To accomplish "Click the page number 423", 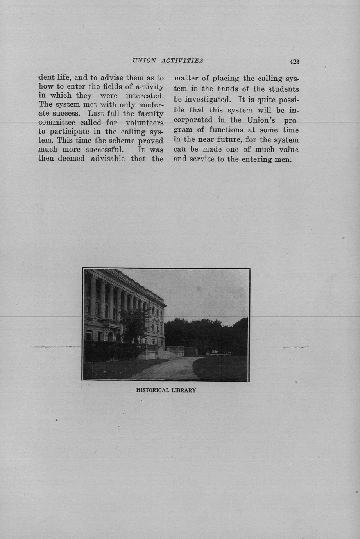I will (x=294, y=62).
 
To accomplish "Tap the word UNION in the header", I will (x=144, y=61).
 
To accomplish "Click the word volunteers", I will (x=145, y=123).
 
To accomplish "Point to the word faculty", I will (x=150, y=114).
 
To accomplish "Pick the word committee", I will (x=59, y=123).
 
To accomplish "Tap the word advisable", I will (x=108, y=159).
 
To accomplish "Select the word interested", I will (x=144, y=96).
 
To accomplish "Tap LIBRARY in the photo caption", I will (x=184, y=390).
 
